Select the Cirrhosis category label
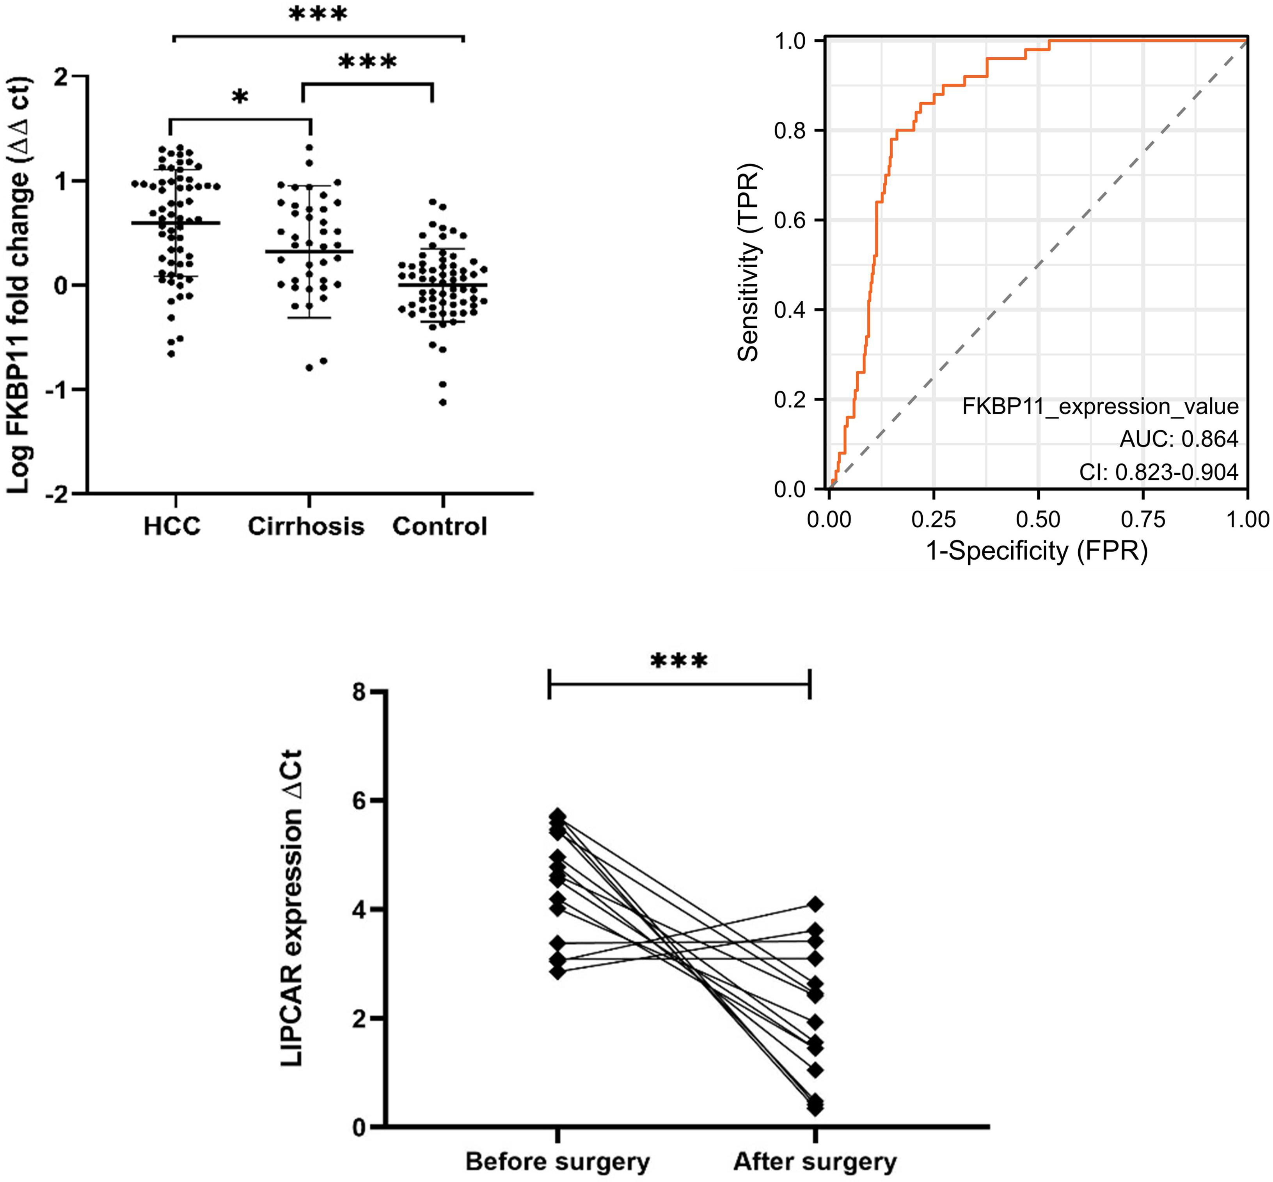[305, 526]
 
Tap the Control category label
[440, 526]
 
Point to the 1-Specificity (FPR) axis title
[1037, 551]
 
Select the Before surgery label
[557, 1162]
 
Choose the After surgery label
[815, 1162]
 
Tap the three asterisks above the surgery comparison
[679, 661]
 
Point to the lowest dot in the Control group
[442, 402]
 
